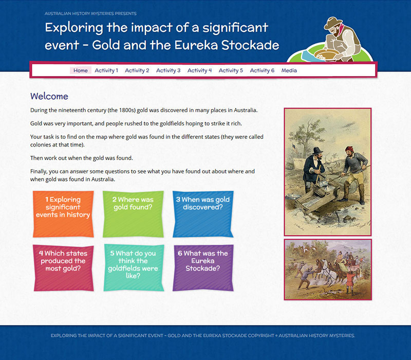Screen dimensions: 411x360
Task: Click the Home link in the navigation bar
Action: pos(81,70)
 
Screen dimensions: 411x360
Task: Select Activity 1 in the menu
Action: pos(106,70)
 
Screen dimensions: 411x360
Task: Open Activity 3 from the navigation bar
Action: pos(169,70)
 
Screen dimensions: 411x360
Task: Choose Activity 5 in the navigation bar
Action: pos(231,70)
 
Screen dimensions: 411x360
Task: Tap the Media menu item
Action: pos(289,70)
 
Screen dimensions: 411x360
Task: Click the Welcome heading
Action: pos(49,96)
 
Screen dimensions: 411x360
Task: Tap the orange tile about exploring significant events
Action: pos(63,214)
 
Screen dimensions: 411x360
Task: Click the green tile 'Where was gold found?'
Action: pos(133,214)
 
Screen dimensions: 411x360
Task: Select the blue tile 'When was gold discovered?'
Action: pos(203,214)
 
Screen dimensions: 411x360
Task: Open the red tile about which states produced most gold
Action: pos(63,268)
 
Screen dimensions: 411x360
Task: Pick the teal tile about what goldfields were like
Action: pos(134,268)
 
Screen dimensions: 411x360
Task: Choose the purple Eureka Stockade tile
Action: pos(203,268)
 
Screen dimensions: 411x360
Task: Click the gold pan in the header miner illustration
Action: pos(326,55)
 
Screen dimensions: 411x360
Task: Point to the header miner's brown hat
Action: pos(332,23)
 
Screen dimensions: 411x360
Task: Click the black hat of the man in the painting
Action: pos(317,151)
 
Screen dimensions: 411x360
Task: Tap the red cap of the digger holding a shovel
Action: pos(349,149)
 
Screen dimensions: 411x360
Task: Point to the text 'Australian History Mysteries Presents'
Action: pos(90,13)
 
